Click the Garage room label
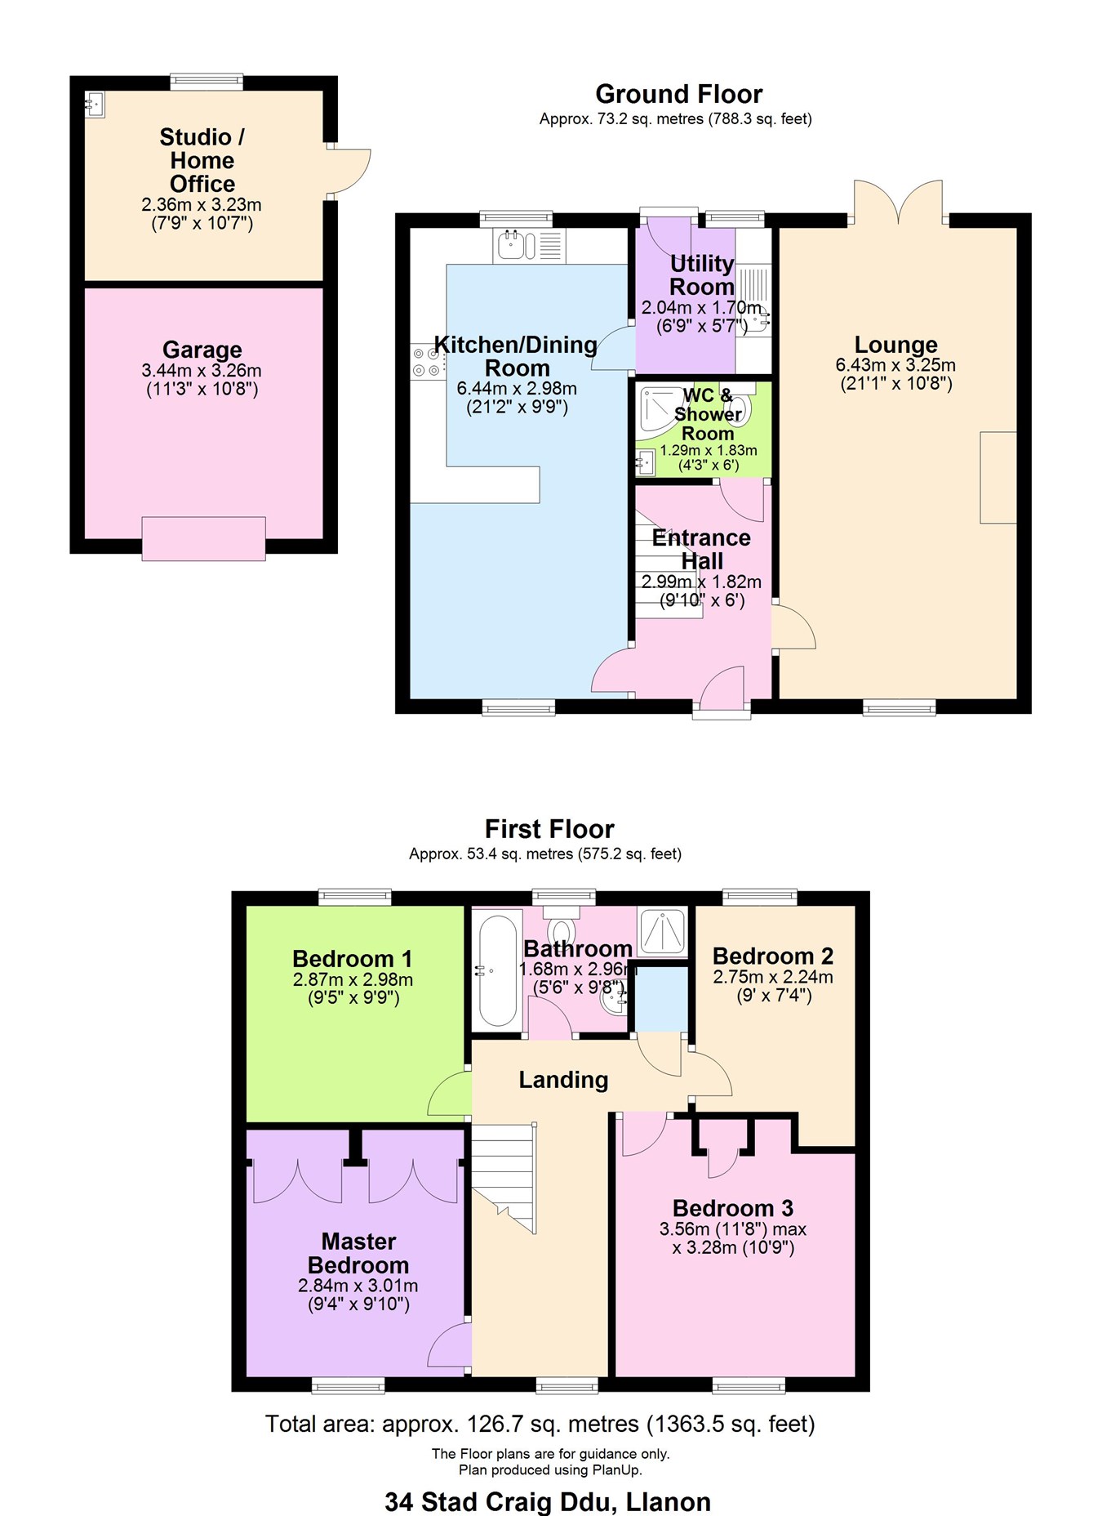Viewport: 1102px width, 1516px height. tap(202, 350)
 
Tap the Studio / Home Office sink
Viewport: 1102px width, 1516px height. tap(96, 104)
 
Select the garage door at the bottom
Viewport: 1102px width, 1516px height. tap(203, 538)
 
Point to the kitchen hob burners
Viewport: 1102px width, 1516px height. tap(426, 362)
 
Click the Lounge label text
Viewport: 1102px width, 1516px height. tap(895, 345)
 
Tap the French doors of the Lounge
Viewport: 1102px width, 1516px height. tap(898, 203)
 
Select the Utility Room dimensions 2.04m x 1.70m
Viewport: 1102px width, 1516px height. tap(700, 308)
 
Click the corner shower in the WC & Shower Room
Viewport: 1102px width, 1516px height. tap(657, 408)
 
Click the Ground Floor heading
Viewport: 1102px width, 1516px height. tap(678, 94)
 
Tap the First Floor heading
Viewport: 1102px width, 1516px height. tap(549, 829)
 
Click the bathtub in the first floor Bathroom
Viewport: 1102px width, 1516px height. tap(497, 970)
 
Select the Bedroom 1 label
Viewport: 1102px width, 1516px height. tap(352, 958)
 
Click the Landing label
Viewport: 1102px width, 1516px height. tap(563, 1080)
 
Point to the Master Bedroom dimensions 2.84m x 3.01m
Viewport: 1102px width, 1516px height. tap(358, 1286)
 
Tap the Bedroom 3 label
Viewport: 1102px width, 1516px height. tap(732, 1208)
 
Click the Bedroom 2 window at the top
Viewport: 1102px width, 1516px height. tap(760, 897)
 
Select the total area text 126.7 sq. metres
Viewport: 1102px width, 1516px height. tap(540, 1424)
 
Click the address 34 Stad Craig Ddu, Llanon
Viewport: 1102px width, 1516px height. tap(548, 1501)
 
